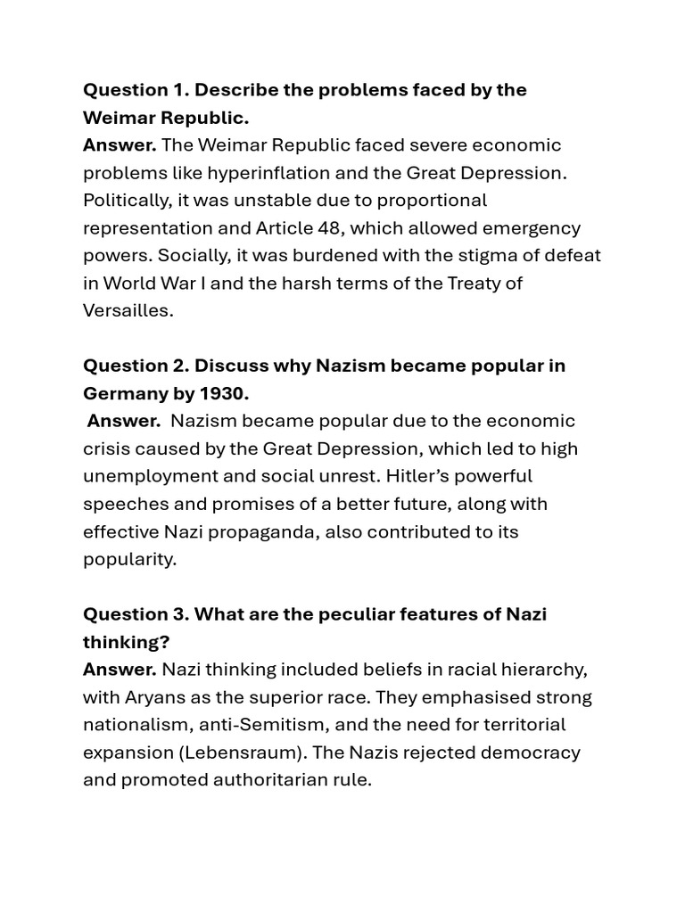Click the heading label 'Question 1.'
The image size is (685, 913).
tap(136, 90)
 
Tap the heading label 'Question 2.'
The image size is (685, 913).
tap(136, 366)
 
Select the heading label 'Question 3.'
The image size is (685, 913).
tap(136, 614)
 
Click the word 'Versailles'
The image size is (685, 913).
tap(126, 311)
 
